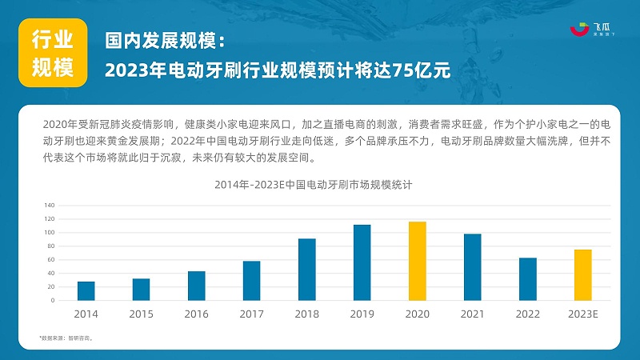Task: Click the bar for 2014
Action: pos(86,290)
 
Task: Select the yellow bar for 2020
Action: pos(417,261)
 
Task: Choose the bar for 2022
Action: pos(527,278)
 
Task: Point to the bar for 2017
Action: pos(252,280)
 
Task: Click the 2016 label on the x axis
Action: pos(197,314)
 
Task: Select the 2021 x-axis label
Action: pos(472,314)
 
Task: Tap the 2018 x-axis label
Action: pos(307,314)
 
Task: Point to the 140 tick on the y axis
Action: pos(50,205)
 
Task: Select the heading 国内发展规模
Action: pos(166,40)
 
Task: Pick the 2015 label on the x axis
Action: pos(142,314)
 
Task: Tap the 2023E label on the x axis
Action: pos(582,314)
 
